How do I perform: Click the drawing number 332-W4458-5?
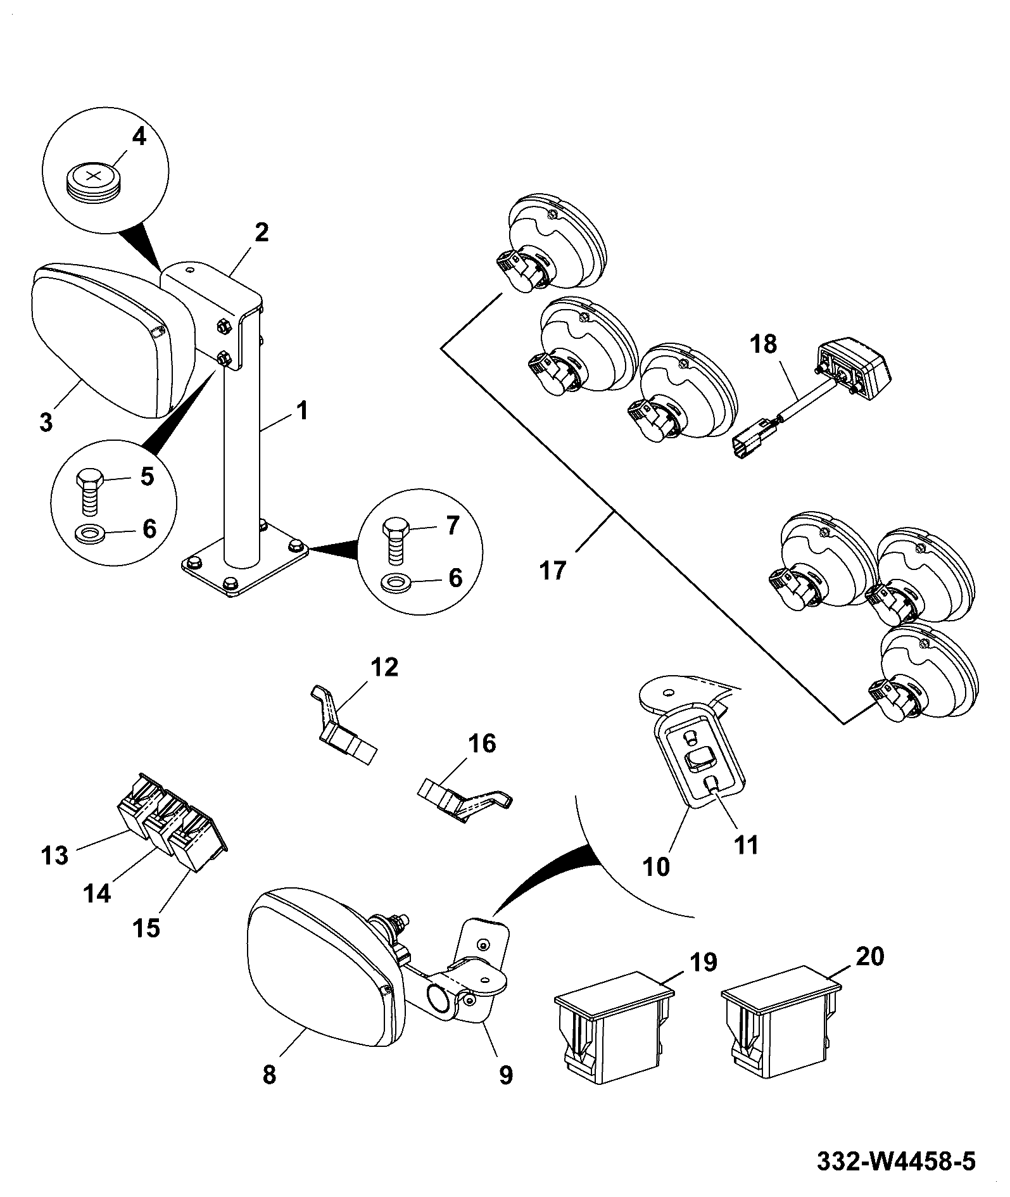896,1161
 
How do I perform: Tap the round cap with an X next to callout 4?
92,181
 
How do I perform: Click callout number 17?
552,571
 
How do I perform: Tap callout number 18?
764,345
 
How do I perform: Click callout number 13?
54,856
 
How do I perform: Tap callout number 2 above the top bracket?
261,232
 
